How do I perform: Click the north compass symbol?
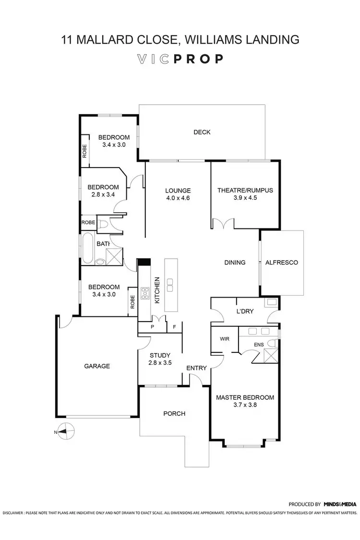pyautogui.click(x=66, y=432)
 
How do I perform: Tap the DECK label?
pyautogui.click(x=202, y=132)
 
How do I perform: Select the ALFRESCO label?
pyautogui.click(x=282, y=263)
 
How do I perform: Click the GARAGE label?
pyautogui.click(x=97, y=366)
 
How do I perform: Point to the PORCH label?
pyautogui.click(x=174, y=413)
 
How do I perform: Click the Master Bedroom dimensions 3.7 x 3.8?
pyautogui.click(x=245, y=406)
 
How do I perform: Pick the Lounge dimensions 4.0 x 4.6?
pyautogui.click(x=178, y=198)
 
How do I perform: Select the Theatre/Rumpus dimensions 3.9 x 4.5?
pyautogui.click(x=245, y=198)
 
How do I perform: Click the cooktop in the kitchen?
pyautogui.click(x=144, y=292)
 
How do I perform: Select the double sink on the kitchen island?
pyautogui.click(x=169, y=284)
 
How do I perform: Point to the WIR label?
pyautogui.click(x=224, y=339)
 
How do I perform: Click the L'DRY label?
pyautogui.click(x=245, y=312)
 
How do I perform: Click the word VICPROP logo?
pyautogui.click(x=180, y=59)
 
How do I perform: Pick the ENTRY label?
pyautogui.click(x=197, y=368)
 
